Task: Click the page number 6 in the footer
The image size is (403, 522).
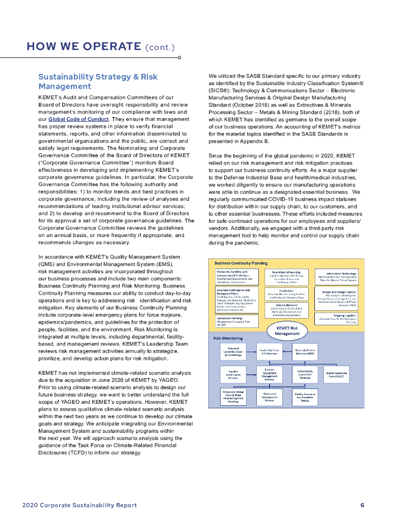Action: pos(362,505)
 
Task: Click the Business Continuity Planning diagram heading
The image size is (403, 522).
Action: pos(241,263)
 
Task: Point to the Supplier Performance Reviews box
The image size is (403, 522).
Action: pos(233,375)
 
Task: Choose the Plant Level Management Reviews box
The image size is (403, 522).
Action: pos(270,397)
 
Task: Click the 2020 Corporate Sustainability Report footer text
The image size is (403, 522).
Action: pos(80,505)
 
